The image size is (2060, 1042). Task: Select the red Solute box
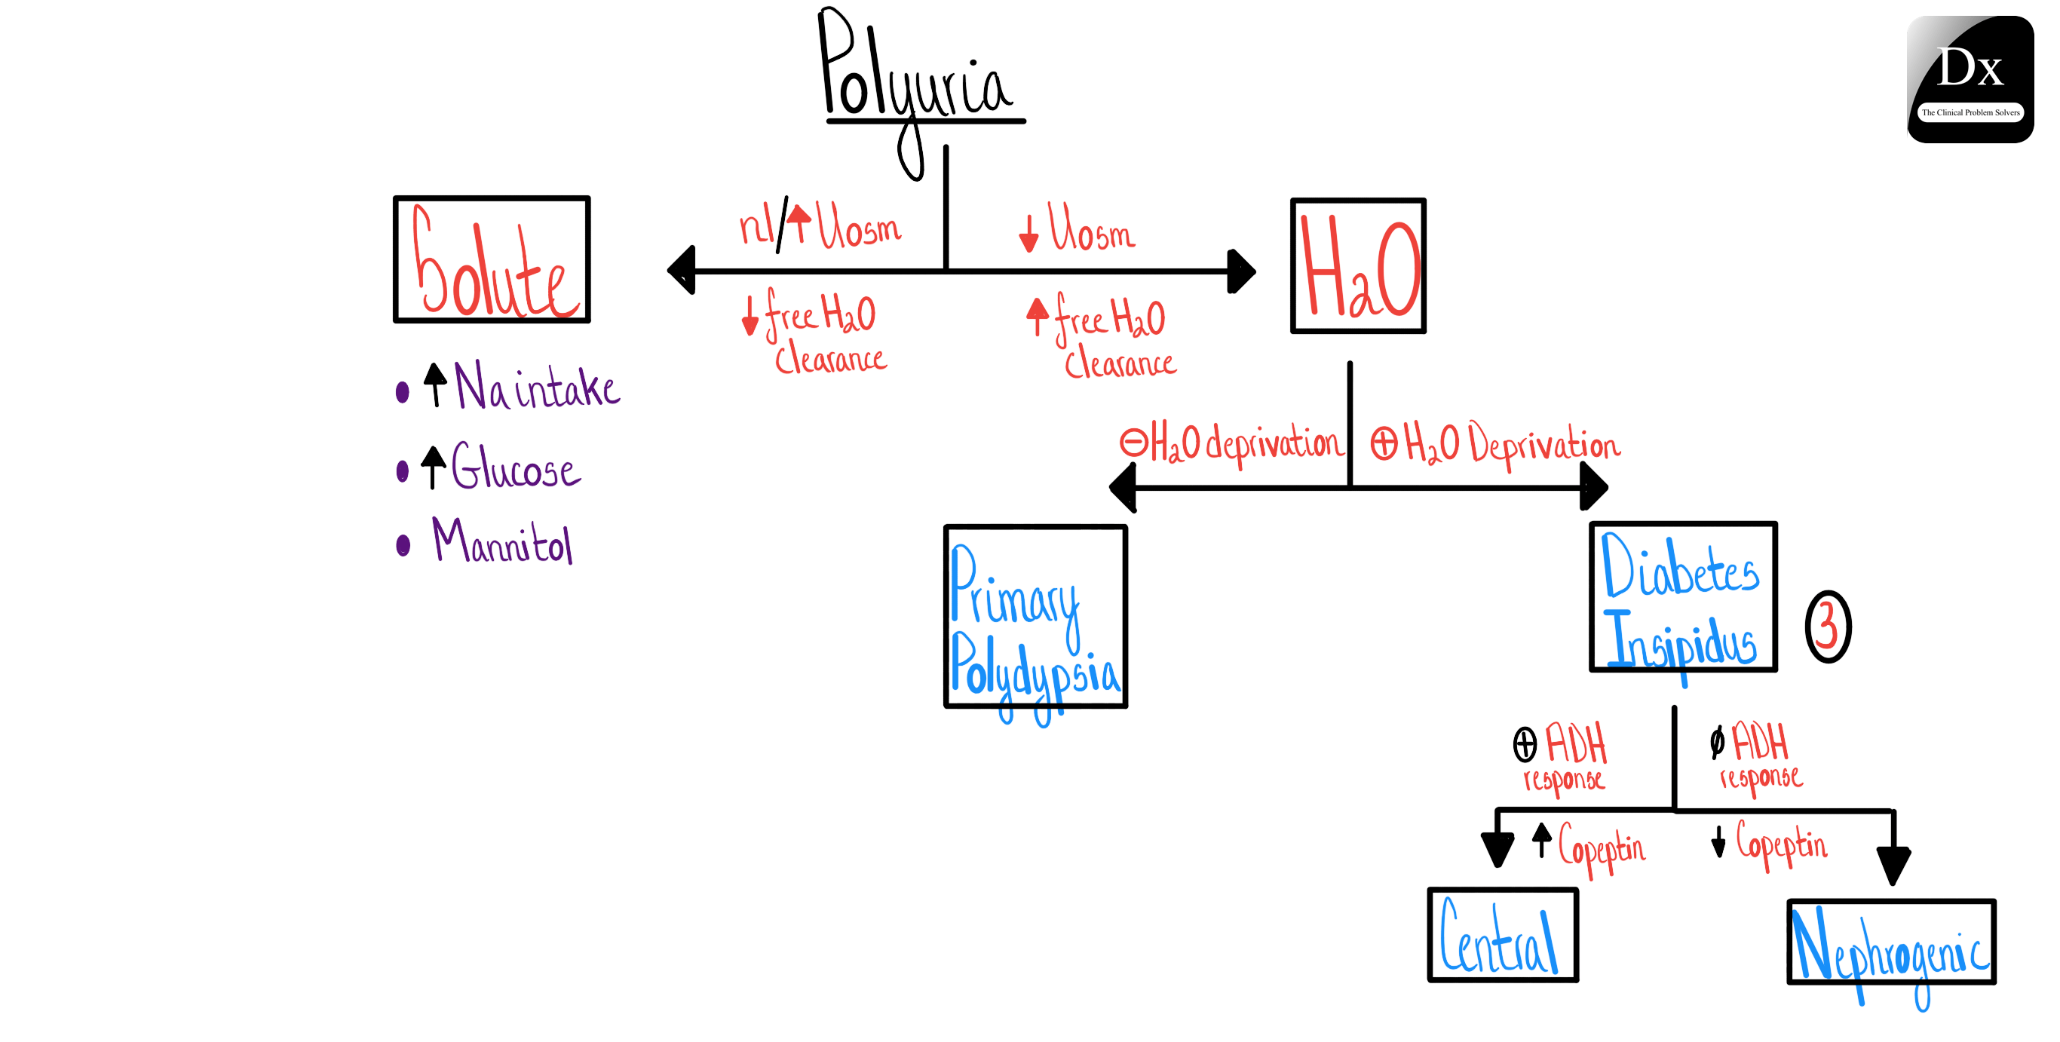[492, 260]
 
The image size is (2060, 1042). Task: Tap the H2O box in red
[1358, 265]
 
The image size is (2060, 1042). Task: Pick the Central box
[1503, 935]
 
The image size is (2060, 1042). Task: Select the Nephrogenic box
[1890, 942]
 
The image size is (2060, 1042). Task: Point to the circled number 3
[1827, 626]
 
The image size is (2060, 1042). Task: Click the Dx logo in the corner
[1970, 79]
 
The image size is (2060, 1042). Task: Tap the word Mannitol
[502, 543]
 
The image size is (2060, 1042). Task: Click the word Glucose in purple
[516, 467]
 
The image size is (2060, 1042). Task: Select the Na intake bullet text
[536, 387]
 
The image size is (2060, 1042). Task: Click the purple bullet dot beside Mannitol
[403, 545]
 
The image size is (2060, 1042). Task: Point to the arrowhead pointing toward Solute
[682, 270]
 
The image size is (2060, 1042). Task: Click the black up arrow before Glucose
[433, 466]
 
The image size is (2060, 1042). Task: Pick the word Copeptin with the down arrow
[1781, 844]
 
